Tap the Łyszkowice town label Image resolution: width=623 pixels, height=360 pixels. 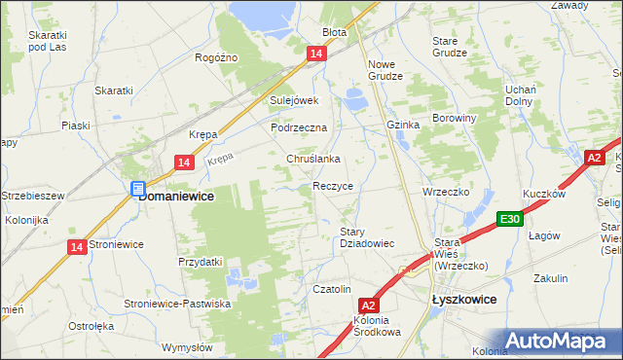click(x=464, y=301)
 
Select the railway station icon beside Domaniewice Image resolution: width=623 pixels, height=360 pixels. click(x=138, y=189)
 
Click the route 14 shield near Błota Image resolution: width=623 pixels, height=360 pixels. click(x=314, y=55)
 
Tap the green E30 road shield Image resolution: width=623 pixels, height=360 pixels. click(x=508, y=220)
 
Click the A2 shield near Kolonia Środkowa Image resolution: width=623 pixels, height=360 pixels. click(x=367, y=305)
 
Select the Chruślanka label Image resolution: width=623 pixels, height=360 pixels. click(x=312, y=159)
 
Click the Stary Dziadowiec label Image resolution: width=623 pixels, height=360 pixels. click(x=366, y=237)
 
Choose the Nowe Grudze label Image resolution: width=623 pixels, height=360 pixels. click(x=385, y=70)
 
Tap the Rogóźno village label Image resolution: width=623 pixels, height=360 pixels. click(x=216, y=58)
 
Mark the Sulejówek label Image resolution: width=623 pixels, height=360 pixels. click(x=294, y=100)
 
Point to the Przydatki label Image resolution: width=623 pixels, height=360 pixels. click(x=201, y=262)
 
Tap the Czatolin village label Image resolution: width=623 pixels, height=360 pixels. click(x=331, y=289)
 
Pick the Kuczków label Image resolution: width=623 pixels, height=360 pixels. click(x=544, y=194)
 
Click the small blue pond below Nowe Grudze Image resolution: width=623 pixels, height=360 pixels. click(x=352, y=97)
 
